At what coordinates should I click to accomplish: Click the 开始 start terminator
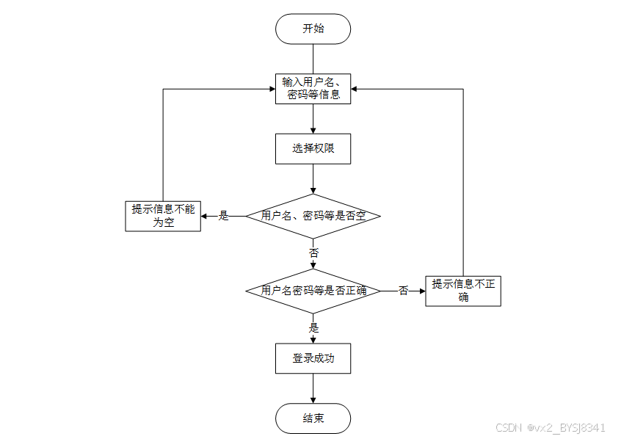click(313, 29)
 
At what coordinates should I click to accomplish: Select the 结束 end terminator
click(313, 418)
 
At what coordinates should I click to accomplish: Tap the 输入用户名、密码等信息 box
click(313, 88)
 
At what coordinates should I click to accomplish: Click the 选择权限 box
click(313, 148)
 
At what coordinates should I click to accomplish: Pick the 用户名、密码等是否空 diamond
click(313, 216)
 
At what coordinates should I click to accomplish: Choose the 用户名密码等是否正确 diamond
click(313, 291)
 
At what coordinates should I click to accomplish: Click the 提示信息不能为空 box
click(163, 216)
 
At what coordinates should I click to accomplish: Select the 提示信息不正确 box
click(463, 291)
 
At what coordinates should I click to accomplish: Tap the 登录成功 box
click(313, 358)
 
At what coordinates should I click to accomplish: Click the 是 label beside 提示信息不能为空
click(225, 216)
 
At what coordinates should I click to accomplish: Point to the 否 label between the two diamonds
click(313, 253)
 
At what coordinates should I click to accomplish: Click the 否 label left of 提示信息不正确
click(404, 291)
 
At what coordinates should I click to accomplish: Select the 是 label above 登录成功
click(314, 327)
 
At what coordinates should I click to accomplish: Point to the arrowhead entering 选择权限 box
click(313, 129)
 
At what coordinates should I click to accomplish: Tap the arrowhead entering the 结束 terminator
click(313, 399)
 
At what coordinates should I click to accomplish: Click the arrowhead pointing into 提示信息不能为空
click(206, 216)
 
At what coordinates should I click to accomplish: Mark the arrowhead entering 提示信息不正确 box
click(421, 291)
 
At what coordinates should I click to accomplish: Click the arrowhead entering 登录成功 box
click(313, 339)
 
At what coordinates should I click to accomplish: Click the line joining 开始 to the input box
click(313, 59)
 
